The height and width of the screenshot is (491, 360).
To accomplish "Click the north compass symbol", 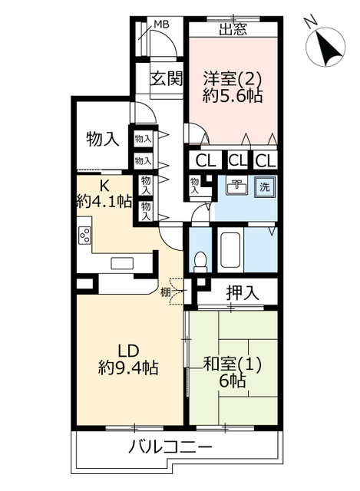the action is point(325,43).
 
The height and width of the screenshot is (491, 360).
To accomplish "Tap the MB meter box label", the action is point(161,24).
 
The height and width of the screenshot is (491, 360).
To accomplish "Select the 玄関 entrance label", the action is point(166,78).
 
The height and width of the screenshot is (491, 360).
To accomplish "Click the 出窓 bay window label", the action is point(233,30).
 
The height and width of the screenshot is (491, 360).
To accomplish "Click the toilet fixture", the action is point(200,262).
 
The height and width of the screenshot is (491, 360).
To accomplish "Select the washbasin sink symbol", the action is point(236,186).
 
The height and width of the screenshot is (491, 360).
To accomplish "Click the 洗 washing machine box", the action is point(265,186).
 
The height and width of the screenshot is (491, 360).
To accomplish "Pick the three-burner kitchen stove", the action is point(85,236).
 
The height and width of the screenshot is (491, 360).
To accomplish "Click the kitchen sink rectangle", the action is point(122,263).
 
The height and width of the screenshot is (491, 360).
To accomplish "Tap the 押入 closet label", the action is point(243,293).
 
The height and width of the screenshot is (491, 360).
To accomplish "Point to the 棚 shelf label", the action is point(165,292).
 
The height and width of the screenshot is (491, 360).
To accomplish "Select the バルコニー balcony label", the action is point(170,447).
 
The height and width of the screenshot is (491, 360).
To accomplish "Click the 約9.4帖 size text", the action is point(128,367).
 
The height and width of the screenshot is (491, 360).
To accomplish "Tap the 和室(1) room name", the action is point(232,364).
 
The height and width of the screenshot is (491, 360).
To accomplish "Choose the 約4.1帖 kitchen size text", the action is point(104,202).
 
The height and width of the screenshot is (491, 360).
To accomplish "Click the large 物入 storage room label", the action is point(103,139).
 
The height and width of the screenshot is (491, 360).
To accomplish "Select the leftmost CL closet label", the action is point(206,161).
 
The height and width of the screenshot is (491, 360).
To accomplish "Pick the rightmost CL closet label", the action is point(266,161).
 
